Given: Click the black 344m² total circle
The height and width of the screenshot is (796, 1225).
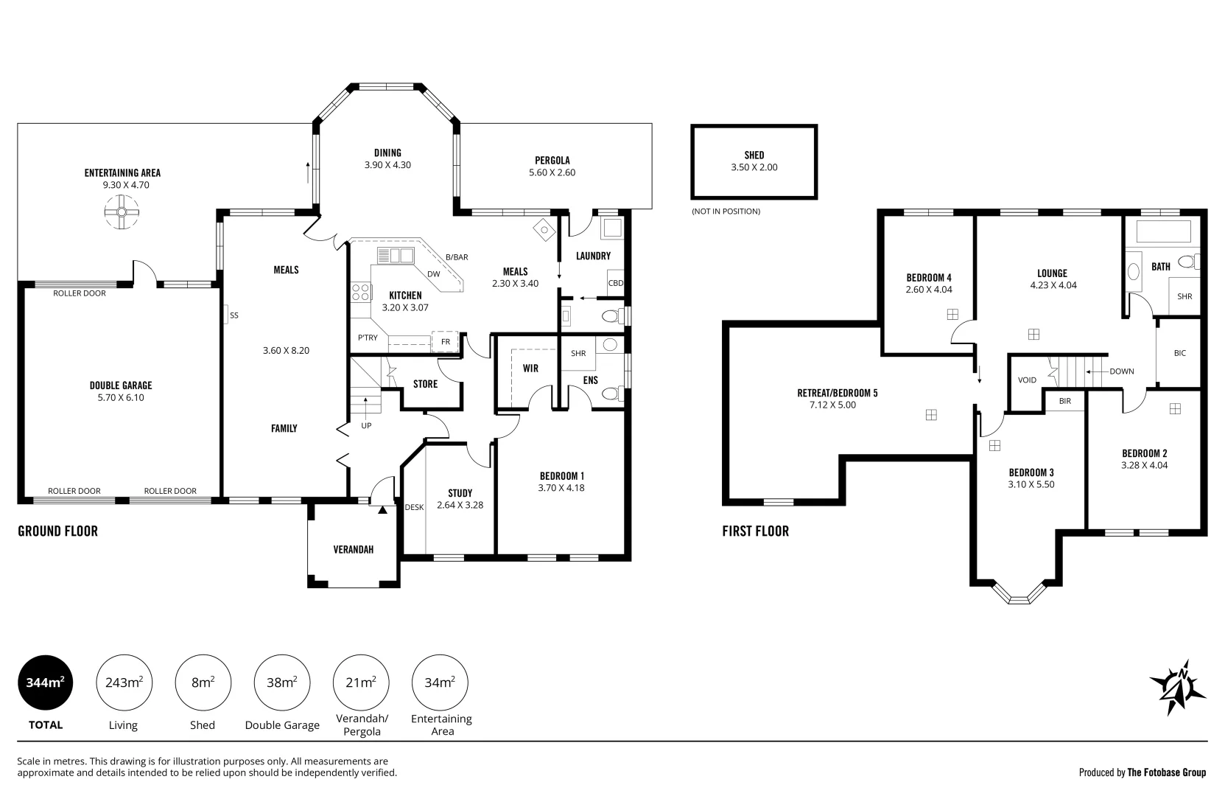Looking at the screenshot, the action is [46, 682].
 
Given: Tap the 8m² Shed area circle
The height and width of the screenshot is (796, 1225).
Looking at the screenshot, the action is [203, 682].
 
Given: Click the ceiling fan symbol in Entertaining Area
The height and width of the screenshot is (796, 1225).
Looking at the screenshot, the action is [122, 212].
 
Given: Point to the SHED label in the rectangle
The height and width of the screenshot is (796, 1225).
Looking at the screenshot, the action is [754, 156].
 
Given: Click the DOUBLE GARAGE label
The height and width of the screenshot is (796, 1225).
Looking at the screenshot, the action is [121, 385].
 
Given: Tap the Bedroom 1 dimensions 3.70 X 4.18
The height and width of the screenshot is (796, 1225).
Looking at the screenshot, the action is [561, 488].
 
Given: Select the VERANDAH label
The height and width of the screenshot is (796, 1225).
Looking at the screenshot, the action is [354, 549].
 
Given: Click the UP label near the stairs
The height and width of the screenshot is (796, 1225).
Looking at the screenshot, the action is [366, 425].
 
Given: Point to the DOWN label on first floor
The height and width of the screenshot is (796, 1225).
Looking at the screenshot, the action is [1122, 371].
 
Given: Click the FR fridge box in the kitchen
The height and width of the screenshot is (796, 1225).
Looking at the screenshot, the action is [445, 341].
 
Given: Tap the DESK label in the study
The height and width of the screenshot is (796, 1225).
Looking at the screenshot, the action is [414, 507].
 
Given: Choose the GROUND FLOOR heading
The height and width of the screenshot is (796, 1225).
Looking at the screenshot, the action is [58, 531].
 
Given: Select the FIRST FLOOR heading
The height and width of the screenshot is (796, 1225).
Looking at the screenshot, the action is [755, 531].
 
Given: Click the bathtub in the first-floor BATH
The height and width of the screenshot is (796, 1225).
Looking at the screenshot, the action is [1164, 231].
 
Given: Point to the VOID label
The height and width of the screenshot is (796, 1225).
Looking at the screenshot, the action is [1027, 380].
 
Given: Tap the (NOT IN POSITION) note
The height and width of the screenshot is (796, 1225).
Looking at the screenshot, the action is [726, 212].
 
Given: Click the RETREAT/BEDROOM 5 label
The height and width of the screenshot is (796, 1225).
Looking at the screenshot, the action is [838, 393].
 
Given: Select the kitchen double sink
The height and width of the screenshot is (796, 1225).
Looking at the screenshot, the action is [396, 256].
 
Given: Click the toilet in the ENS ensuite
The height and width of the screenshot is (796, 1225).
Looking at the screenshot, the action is [613, 394].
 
